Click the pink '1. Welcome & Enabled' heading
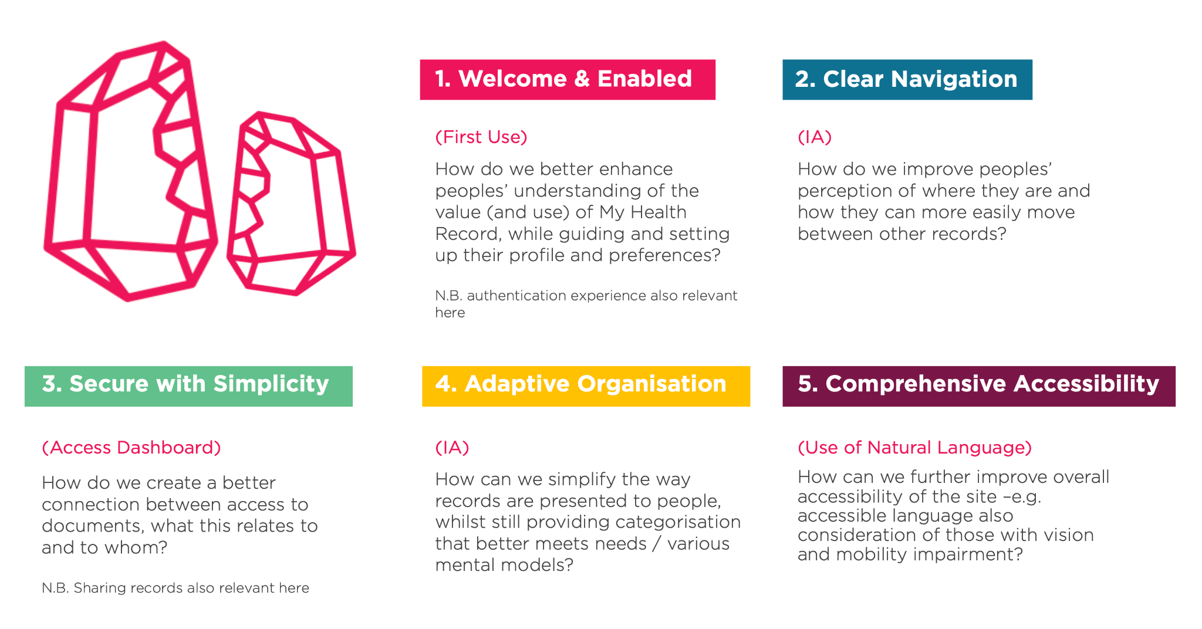pos(568,79)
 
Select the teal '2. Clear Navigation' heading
pos(907,79)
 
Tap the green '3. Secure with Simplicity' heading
pos(188,386)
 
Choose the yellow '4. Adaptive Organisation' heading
pos(586,386)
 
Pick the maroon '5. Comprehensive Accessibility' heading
pos(979,386)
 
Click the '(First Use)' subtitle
pos(481,137)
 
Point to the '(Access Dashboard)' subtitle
pos(131,448)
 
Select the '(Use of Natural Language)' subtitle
pos(914,448)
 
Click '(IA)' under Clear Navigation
pos(815,137)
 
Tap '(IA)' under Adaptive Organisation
pos(452,448)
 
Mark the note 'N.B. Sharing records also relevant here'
pos(175,588)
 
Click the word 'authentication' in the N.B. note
pos(516,296)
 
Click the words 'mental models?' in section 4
pos(504,565)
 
